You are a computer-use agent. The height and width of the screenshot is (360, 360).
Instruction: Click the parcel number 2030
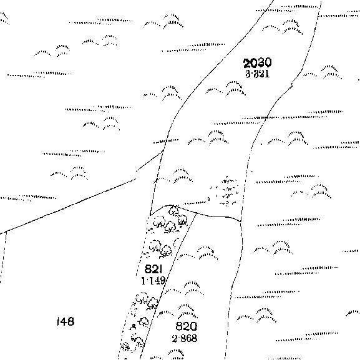pos(258,63)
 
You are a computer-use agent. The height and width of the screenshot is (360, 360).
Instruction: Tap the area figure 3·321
pos(258,74)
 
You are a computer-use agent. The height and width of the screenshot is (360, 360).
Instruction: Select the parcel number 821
pos(153,269)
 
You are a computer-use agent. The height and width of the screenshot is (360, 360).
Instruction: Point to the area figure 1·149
pos(153,281)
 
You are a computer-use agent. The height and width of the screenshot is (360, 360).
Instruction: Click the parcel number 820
pos(186,326)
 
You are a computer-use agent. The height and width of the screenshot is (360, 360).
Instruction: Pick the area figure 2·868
pos(185,338)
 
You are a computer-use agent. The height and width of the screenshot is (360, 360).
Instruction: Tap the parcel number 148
pos(66,321)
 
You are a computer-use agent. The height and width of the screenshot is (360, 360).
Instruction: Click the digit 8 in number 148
pos(71,321)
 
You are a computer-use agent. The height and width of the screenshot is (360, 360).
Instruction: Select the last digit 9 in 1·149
pos(162,281)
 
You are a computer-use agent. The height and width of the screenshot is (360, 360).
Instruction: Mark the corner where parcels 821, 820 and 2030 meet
pos(197,213)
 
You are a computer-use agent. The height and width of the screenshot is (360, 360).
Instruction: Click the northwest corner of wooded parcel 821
pos(150,215)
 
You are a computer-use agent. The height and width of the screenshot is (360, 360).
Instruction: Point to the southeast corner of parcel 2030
pos(241,221)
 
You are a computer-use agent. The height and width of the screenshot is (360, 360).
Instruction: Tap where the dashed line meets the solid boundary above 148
pos(6,231)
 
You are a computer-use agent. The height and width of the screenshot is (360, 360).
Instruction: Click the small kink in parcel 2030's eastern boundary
pos(292,85)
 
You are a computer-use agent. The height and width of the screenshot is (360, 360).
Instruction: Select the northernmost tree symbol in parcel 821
pos(173,211)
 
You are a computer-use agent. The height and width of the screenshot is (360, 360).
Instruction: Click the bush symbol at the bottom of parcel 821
pos(125,346)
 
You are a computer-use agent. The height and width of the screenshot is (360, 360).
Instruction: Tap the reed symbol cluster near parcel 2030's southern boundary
pos(226,192)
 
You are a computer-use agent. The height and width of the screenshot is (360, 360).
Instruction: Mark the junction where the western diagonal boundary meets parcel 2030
pos(163,150)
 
